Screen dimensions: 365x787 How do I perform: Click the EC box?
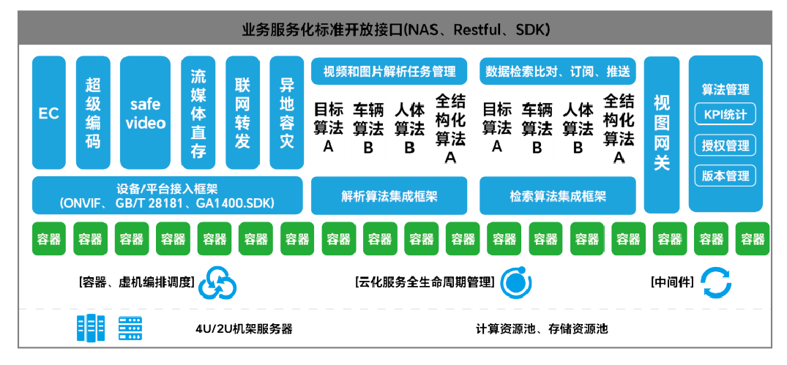click(49, 113)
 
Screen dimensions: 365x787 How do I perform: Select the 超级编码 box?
click(93, 113)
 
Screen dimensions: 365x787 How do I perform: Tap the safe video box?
click(145, 113)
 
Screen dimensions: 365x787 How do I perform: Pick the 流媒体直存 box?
click(198, 113)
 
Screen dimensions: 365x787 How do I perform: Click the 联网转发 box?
click(242, 113)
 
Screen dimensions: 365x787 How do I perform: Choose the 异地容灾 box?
click(286, 113)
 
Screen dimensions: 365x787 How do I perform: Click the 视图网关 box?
click(662, 134)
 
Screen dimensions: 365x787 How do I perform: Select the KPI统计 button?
click(725, 114)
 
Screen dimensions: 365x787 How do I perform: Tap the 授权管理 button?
click(725, 145)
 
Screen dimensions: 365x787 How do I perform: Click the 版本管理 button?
click(725, 176)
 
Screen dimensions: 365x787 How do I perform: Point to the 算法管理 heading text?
click(725, 89)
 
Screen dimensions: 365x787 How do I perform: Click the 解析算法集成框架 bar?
click(389, 195)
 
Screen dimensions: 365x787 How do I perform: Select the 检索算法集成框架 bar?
click(558, 195)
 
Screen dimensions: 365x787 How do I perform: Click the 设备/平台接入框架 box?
click(167, 195)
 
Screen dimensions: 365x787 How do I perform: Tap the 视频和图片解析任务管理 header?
click(389, 71)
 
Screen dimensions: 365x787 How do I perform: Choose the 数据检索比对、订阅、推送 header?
click(558, 71)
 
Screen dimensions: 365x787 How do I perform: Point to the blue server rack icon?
click(86, 328)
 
